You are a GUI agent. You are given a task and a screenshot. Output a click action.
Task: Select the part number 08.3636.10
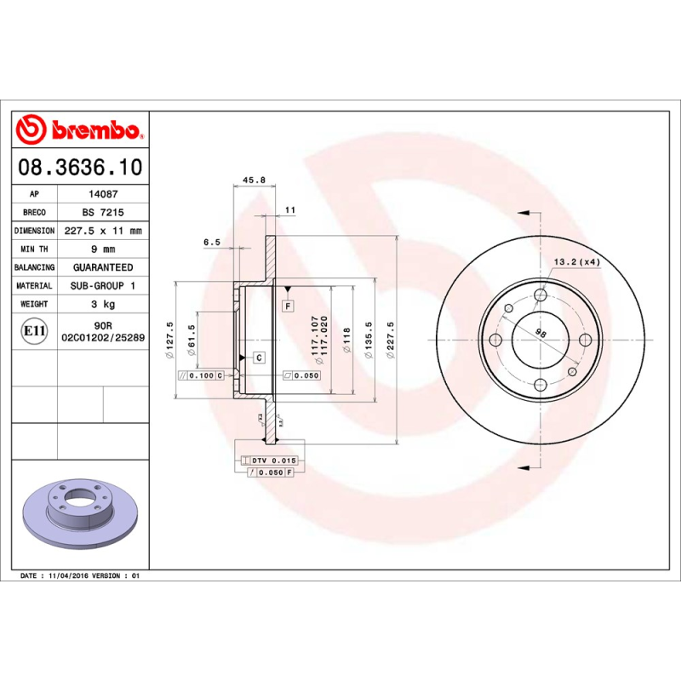pyautogui.click(x=80, y=167)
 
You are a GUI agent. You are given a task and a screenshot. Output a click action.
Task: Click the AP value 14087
pyautogui.click(x=102, y=194)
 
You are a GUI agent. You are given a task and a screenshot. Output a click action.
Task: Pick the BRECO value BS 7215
pyautogui.click(x=102, y=212)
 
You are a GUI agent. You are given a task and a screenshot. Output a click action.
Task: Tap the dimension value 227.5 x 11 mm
pyautogui.click(x=102, y=231)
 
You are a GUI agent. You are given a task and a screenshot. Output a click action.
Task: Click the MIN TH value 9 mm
pyautogui.click(x=102, y=249)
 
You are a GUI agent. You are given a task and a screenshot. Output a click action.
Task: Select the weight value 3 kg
pyautogui.click(x=102, y=304)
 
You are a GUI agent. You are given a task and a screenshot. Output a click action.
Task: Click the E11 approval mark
pyautogui.click(x=34, y=331)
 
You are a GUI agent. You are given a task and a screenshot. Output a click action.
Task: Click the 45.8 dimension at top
pyautogui.click(x=255, y=180)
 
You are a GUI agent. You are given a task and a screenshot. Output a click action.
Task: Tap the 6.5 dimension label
pyautogui.click(x=212, y=243)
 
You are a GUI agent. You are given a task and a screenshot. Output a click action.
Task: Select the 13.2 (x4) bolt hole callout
pyautogui.click(x=577, y=261)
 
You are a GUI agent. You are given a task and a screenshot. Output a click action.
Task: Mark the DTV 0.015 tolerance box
pyautogui.click(x=272, y=460)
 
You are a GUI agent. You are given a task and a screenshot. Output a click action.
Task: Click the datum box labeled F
pyautogui.click(x=289, y=305)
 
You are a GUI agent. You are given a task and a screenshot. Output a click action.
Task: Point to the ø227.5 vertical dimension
pyautogui.click(x=390, y=340)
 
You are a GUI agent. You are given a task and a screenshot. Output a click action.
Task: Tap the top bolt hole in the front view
pyautogui.click(x=541, y=295)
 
